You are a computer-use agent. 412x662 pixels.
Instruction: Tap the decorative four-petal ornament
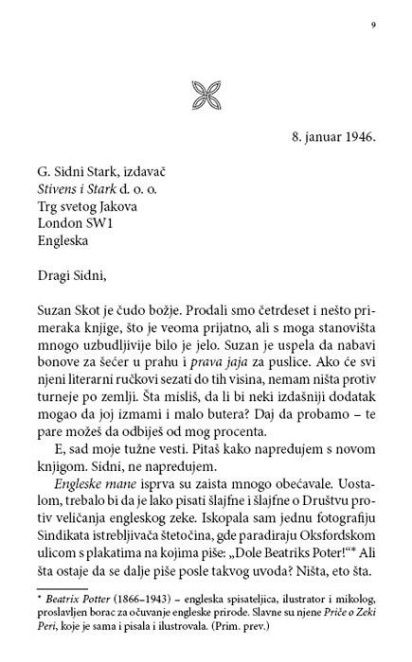coord(206,93)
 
